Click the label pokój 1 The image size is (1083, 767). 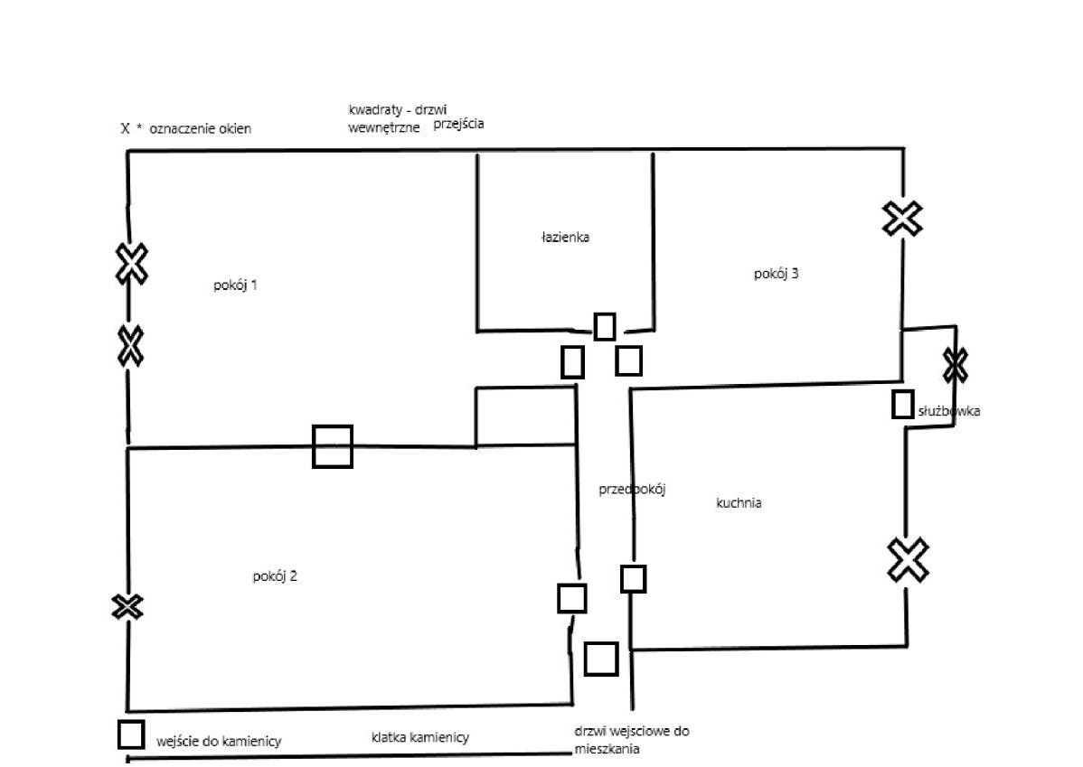[x=236, y=285]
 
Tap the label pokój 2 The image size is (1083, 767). [x=275, y=576]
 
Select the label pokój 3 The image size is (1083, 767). [x=777, y=274]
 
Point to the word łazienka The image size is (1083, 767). [x=565, y=238]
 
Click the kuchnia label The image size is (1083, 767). [x=739, y=502]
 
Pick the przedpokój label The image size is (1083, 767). [x=632, y=490]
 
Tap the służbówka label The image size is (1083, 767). [x=949, y=411]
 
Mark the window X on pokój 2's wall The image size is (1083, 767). [x=127, y=607]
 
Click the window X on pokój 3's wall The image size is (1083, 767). [x=903, y=219]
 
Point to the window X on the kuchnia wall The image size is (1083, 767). [x=908, y=560]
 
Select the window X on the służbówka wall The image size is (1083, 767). [x=956, y=365]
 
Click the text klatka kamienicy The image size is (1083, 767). [x=420, y=737]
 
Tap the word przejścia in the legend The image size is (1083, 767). [x=458, y=125]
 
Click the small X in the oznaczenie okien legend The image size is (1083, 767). [x=125, y=128]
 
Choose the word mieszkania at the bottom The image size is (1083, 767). [x=607, y=749]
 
